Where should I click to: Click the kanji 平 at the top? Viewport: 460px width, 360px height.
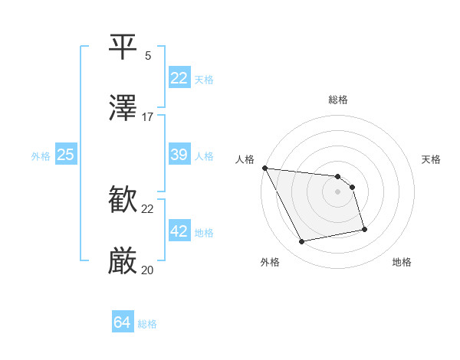click(124, 47)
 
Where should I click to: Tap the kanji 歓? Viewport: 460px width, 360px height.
click(124, 201)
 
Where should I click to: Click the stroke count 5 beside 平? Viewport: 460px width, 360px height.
click(148, 55)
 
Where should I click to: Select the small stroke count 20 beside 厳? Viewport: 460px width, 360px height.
click(148, 270)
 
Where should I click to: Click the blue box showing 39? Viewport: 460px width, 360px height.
click(179, 155)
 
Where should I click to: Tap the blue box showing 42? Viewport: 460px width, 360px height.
click(179, 231)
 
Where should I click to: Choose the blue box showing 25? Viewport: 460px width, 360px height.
click(65, 155)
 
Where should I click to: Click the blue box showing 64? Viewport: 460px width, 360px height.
click(122, 323)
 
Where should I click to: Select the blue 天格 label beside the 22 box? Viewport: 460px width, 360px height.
click(204, 79)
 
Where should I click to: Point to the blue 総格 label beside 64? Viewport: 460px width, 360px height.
click(147, 324)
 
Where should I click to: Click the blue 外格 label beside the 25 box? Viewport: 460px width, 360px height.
click(41, 155)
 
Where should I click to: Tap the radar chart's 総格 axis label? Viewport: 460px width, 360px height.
click(338, 99)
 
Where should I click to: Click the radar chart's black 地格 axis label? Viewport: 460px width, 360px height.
click(402, 262)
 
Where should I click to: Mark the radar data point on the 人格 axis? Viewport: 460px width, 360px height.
click(264, 168)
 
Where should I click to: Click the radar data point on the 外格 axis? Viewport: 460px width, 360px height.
click(302, 242)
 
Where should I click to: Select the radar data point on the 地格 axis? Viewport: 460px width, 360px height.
click(364, 229)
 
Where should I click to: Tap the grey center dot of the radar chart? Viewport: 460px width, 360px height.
click(338, 191)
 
